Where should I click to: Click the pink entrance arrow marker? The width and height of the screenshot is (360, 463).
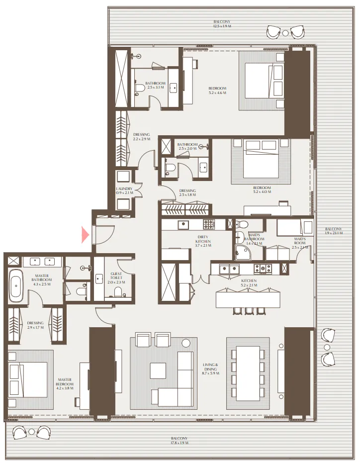click(x=85, y=234)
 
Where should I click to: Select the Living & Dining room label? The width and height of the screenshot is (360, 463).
click(x=211, y=368)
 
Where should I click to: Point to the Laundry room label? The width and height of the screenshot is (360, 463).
click(x=123, y=190)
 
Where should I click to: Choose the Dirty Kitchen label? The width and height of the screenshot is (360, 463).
click(x=203, y=242)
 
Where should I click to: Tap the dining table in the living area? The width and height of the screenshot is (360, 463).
click(x=248, y=373)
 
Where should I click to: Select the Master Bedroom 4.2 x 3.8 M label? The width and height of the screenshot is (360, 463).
click(x=65, y=386)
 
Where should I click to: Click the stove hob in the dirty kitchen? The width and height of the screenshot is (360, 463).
click(x=208, y=224)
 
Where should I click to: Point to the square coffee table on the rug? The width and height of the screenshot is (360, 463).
click(x=158, y=370)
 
